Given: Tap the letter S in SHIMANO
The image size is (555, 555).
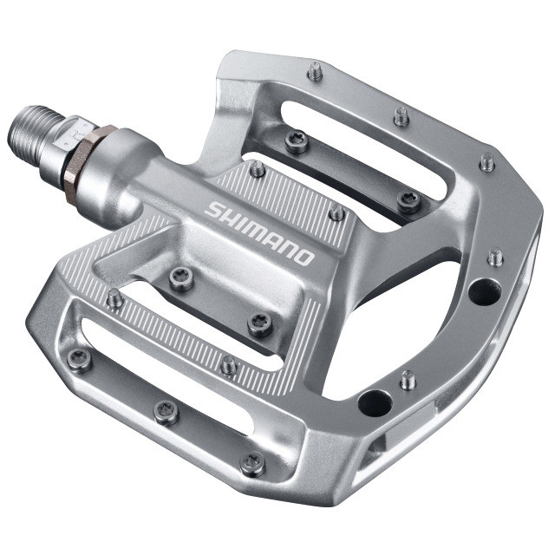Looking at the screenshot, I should [213, 209].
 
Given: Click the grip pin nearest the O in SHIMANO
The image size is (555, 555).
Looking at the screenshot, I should [336, 212].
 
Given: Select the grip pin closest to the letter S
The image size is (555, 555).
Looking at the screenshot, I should [258, 169].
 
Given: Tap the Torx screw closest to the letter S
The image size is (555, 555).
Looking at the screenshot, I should [180, 277].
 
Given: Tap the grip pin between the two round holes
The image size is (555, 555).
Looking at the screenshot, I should [408, 379].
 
